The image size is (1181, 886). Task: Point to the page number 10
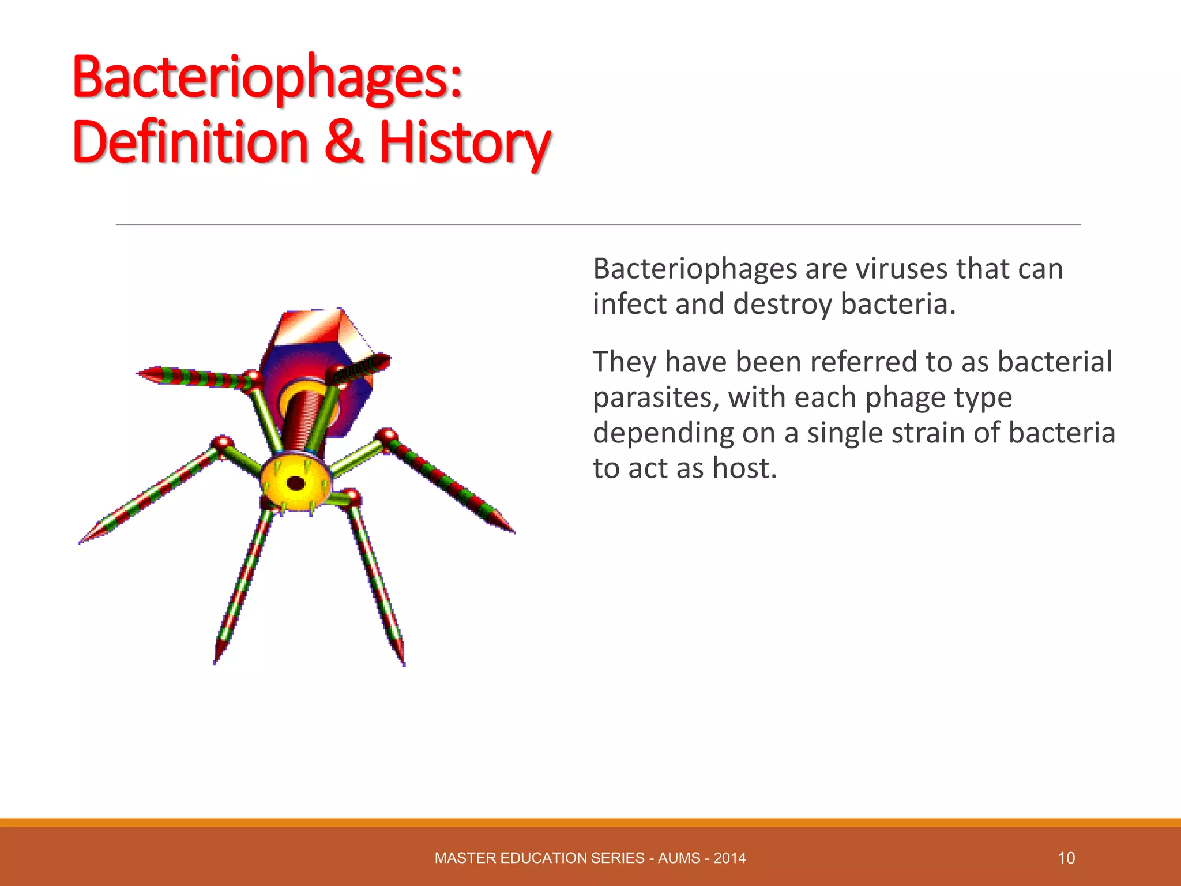tap(1066, 858)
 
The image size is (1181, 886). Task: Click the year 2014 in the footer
tap(729, 858)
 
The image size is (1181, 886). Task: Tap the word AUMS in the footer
tap(679, 858)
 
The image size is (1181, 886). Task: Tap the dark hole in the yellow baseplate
tap(296, 483)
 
